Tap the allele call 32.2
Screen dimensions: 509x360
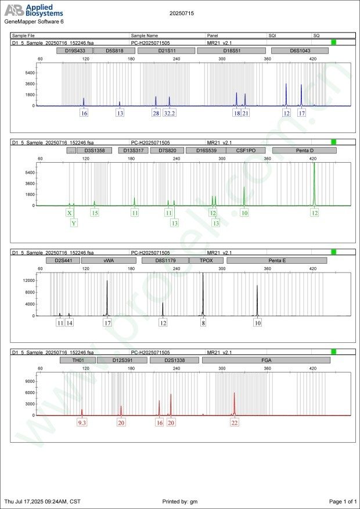[x=170, y=113]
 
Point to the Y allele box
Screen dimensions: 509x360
[x=74, y=223]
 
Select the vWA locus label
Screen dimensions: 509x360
[x=109, y=261]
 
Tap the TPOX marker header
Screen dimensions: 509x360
[x=206, y=261]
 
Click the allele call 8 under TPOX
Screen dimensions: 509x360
[x=203, y=322]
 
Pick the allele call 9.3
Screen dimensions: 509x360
[x=82, y=423]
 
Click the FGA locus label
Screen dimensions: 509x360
[x=266, y=360]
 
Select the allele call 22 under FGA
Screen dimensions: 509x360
[x=235, y=423]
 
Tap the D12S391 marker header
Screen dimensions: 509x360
[x=122, y=360]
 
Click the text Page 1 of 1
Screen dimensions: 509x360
[x=342, y=501]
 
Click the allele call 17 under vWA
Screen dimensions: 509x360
[x=107, y=322]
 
